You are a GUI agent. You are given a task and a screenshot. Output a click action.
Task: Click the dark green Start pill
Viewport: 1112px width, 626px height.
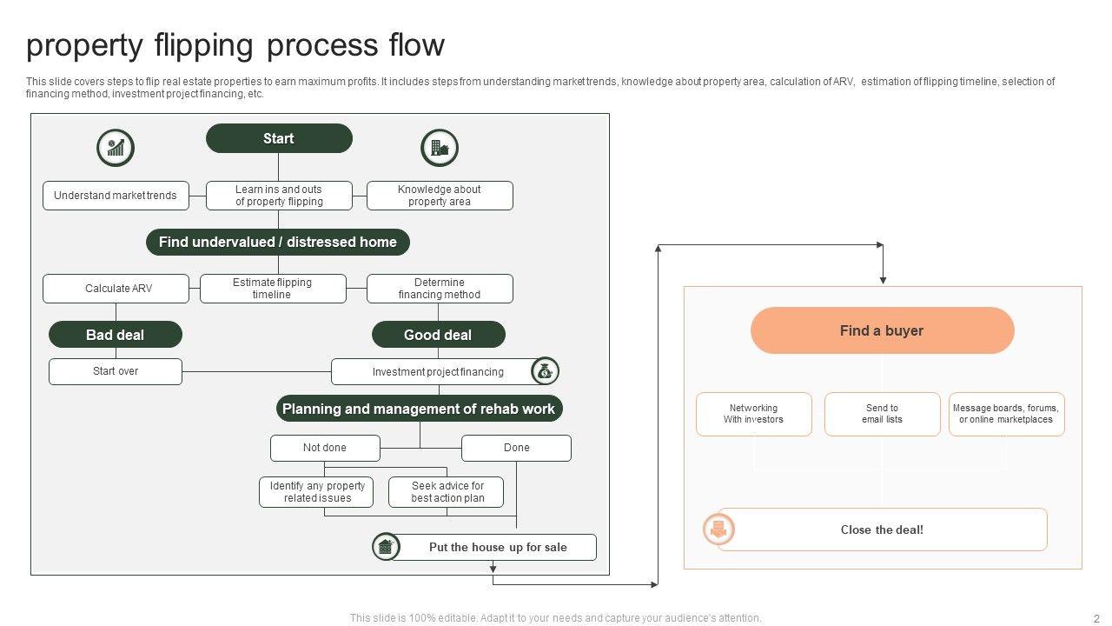click(x=279, y=138)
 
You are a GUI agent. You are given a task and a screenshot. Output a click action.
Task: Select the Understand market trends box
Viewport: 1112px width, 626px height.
click(x=116, y=196)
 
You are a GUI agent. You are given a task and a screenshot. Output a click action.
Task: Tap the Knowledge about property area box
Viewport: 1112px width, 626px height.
click(x=440, y=196)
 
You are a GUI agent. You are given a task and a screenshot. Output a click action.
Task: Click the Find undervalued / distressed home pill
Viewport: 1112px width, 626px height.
click(x=278, y=242)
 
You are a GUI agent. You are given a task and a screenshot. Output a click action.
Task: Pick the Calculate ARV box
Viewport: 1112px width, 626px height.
click(x=116, y=289)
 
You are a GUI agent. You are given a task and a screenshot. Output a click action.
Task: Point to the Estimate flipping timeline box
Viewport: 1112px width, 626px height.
click(x=273, y=289)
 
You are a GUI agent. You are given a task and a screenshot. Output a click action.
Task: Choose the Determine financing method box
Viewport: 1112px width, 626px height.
click(x=440, y=289)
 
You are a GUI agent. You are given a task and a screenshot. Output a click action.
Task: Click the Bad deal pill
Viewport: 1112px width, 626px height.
click(x=116, y=335)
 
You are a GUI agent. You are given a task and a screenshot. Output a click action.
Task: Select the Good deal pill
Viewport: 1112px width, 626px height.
click(x=439, y=335)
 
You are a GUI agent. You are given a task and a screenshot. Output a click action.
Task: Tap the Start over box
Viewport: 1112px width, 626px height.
click(x=116, y=371)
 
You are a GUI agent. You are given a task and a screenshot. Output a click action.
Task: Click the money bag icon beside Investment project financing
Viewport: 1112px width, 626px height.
click(x=545, y=371)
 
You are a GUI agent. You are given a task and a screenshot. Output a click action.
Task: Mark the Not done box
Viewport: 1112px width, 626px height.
click(x=325, y=448)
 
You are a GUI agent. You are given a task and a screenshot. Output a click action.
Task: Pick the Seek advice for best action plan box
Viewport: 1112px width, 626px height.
click(x=446, y=492)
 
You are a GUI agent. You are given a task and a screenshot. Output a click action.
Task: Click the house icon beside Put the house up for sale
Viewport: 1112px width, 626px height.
click(x=386, y=547)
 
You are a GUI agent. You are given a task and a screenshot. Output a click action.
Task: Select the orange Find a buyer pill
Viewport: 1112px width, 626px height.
click(x=882, y=330)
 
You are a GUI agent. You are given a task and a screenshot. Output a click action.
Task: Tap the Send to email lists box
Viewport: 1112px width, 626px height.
click(x=882, y=414)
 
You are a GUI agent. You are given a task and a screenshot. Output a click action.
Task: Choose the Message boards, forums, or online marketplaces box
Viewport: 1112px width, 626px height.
click(x=1007, y=414)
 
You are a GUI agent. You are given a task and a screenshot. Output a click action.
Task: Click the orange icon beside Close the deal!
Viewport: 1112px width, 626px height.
click(x=718, y=529)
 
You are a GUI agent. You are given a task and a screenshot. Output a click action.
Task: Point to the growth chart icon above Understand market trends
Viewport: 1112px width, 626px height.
click(x=116, y=148)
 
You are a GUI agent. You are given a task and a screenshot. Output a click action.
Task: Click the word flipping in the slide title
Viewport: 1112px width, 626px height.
click(x=203, y=46)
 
